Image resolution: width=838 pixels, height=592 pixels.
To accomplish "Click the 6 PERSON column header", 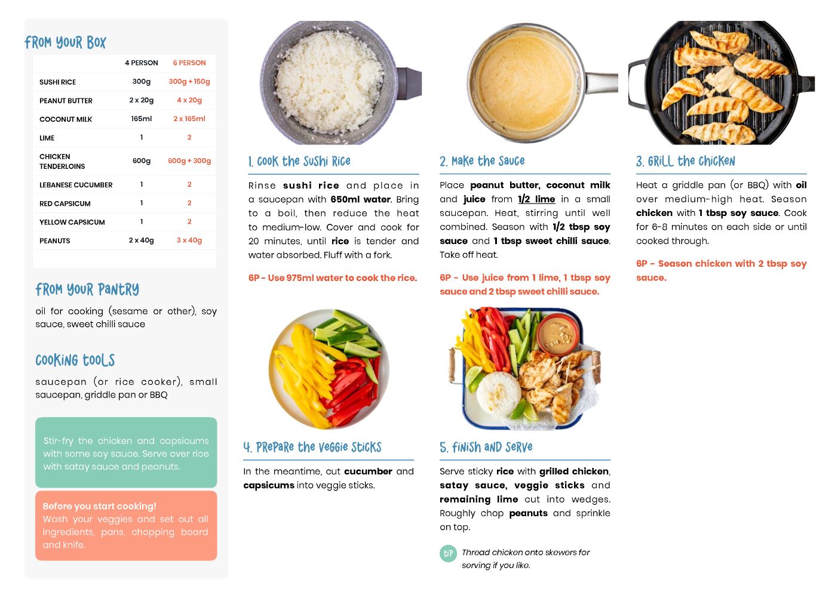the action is pos(189,63).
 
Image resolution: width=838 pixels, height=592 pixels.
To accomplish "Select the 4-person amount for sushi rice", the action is pos(142,82).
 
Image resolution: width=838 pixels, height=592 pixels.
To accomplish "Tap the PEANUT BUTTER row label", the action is pos(66,100).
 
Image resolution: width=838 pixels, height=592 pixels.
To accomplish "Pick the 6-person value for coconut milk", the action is pos(189,119).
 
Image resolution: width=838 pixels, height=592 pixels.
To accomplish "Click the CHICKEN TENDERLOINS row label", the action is pos(62,162).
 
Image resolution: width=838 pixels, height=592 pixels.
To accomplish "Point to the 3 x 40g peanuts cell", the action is pos(189,240).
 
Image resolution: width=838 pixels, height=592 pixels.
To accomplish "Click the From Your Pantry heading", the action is pos(87,289).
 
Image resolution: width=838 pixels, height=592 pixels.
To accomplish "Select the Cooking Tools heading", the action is pos(75,360).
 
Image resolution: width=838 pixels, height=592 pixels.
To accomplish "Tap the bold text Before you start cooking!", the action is pos(100,506).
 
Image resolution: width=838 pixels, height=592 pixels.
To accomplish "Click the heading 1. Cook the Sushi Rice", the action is pos(299,162).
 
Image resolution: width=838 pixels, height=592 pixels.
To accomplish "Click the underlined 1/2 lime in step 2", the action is pos(536,199).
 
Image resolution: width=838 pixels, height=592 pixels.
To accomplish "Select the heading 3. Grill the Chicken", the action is pos(685,162).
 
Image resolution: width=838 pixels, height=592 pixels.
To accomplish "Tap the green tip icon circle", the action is pos(448,553).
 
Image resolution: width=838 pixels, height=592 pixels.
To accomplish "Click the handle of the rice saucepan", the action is pos(409,84).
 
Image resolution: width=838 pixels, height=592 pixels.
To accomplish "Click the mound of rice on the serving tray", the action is pos(499,394).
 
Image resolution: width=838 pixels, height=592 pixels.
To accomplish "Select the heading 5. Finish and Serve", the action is pos(486,447).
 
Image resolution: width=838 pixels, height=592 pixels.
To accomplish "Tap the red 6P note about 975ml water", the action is pos(333,277).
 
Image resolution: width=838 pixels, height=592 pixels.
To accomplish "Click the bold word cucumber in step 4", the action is pos(368,471).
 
